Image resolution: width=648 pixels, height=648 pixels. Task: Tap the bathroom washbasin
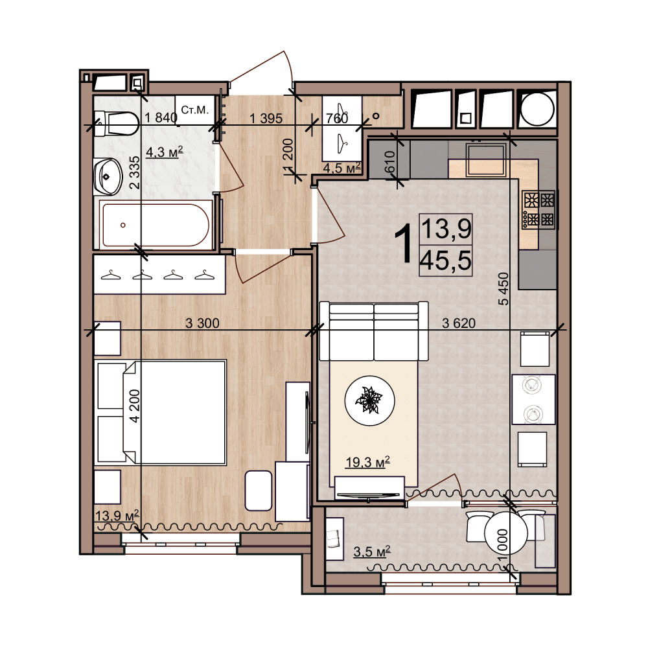coord(108,177)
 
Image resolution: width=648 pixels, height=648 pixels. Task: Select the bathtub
coord(156,225)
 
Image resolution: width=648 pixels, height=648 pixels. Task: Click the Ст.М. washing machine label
coord(194,110)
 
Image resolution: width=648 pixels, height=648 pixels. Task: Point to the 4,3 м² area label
coord(164,152)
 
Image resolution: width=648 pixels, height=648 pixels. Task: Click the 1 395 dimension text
coord(266,119)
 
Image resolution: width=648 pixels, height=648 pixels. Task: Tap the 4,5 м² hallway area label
coord(341,168)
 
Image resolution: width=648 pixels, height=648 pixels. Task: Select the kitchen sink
coord(486,159)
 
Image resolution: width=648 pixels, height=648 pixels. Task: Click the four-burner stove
coord(539,209)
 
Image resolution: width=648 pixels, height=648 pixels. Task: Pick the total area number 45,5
coord(446,260)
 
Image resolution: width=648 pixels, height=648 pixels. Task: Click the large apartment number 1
coord(403,243)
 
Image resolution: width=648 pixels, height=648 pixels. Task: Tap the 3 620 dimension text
coord(459,323)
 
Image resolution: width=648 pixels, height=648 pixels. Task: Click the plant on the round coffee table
coord(369,400)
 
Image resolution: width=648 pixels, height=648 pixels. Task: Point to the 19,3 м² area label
coord(367,462)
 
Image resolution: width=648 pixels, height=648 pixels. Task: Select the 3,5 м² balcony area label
coord(371,551)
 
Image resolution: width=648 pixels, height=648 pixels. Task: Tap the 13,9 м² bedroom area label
coord(117,515)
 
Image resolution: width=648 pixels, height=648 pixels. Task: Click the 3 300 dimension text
coord(202,323)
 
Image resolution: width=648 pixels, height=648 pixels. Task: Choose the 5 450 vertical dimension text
coord(503,288)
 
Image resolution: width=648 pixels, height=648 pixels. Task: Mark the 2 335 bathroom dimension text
coord(135,172)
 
